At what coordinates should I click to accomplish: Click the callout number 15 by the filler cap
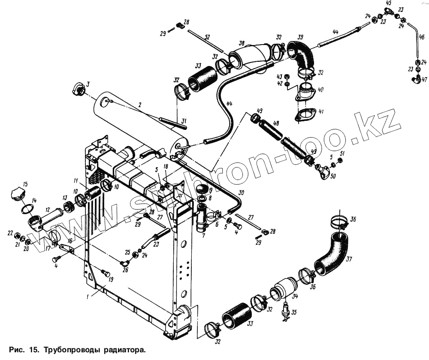click(25, 184)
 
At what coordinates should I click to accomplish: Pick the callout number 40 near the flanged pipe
click(321, 90)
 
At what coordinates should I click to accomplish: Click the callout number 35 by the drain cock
click(293, 312)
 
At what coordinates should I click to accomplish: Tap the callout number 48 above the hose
click(276, 123)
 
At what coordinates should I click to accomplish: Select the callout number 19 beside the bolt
click(111, 280)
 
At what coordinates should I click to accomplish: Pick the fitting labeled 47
click(416, 79)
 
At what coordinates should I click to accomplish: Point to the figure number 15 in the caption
click(33, 349)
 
